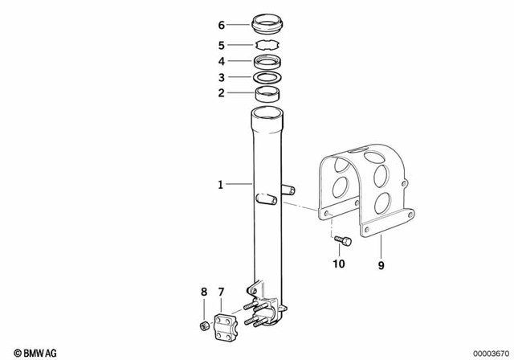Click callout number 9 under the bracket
click(382, 262)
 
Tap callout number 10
click(338, 263)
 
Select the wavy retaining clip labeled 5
click(267, 45)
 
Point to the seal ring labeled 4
click(267, 62)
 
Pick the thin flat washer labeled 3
click(267, 78)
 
